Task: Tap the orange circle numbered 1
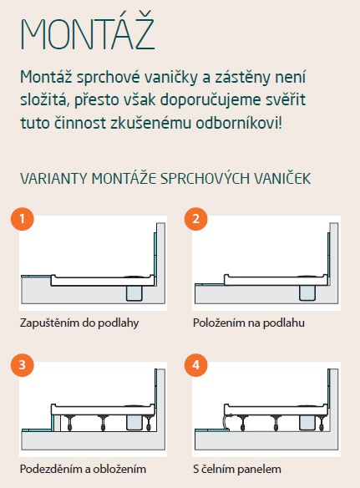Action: click(x=22, y=219)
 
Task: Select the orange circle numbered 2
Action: click(x=195, y=219)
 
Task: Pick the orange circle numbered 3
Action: click(x=22, y=365)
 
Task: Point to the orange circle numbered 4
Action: click(x=195, y=365)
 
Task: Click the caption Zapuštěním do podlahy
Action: click(x=79, y=323)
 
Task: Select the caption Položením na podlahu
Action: click(x=249, y=323)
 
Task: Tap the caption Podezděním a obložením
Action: click(x=83, y=469)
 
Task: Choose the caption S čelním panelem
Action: click(x=236, y=469)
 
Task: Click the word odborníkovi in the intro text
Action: click(x=239, y=123)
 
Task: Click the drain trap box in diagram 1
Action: click(x=134, y=293)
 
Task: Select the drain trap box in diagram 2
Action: click(x=307, y=293)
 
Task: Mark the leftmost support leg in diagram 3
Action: click(x=68, y=423)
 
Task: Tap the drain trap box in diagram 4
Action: click(x=307, y=423)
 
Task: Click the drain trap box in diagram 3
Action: click(x=134, y=423)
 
